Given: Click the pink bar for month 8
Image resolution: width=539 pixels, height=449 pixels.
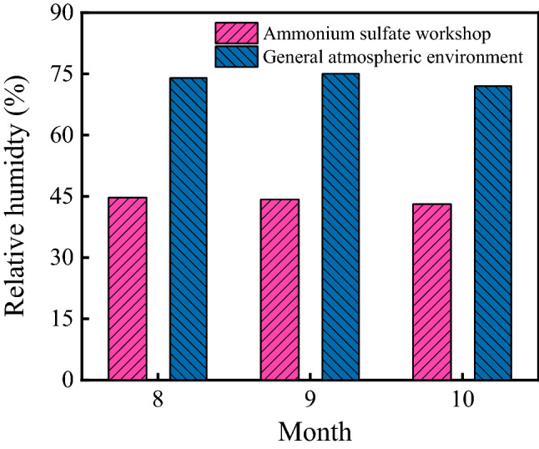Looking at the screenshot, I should [127, 288].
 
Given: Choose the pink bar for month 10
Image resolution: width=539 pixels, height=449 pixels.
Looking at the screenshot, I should [432, 291].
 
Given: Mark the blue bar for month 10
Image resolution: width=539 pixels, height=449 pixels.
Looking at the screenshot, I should [493, 232].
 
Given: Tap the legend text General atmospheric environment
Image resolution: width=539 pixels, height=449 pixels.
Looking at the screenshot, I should [391, 57].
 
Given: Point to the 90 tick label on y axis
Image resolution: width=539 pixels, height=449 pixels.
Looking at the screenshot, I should [63, 13].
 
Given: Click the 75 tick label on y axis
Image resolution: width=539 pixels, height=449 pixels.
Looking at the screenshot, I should [63, 74].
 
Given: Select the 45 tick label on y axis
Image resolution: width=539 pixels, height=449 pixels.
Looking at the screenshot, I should [63, 196].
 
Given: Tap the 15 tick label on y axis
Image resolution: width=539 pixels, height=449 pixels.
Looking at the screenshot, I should [63, 319].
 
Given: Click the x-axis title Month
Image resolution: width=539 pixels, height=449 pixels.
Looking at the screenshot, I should [315, 431].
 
